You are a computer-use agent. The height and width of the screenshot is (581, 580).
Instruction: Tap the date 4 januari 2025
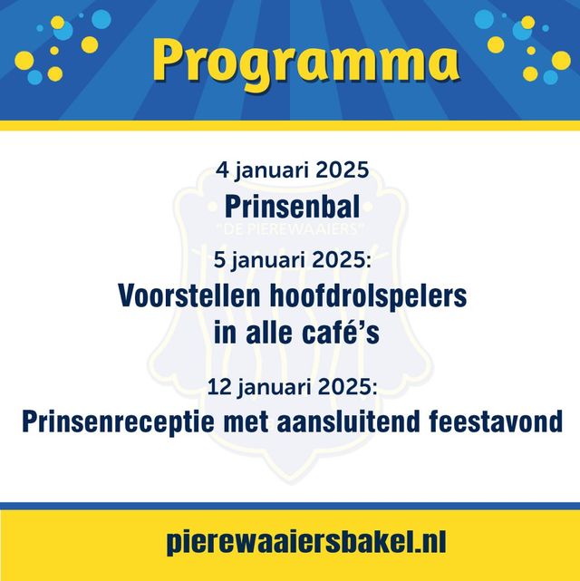coord(292,170)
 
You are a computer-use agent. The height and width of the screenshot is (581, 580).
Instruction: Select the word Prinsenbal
coord(292,207)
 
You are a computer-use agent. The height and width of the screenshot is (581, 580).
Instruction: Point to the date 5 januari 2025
coord(292,260)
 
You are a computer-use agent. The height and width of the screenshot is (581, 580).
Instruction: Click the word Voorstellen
coord(189,295)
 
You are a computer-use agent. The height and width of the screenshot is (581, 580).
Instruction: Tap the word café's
coord(341,332)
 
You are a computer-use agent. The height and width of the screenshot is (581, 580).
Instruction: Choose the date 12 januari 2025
coord(292,387)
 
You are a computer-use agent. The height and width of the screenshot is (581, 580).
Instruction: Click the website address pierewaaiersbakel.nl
coord(306,542)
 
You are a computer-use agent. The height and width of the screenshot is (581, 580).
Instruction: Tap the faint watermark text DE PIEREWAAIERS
coord(290,229)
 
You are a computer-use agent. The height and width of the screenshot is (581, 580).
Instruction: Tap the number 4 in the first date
coord(222,170)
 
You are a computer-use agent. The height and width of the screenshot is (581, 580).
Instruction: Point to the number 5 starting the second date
coord(219,259)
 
